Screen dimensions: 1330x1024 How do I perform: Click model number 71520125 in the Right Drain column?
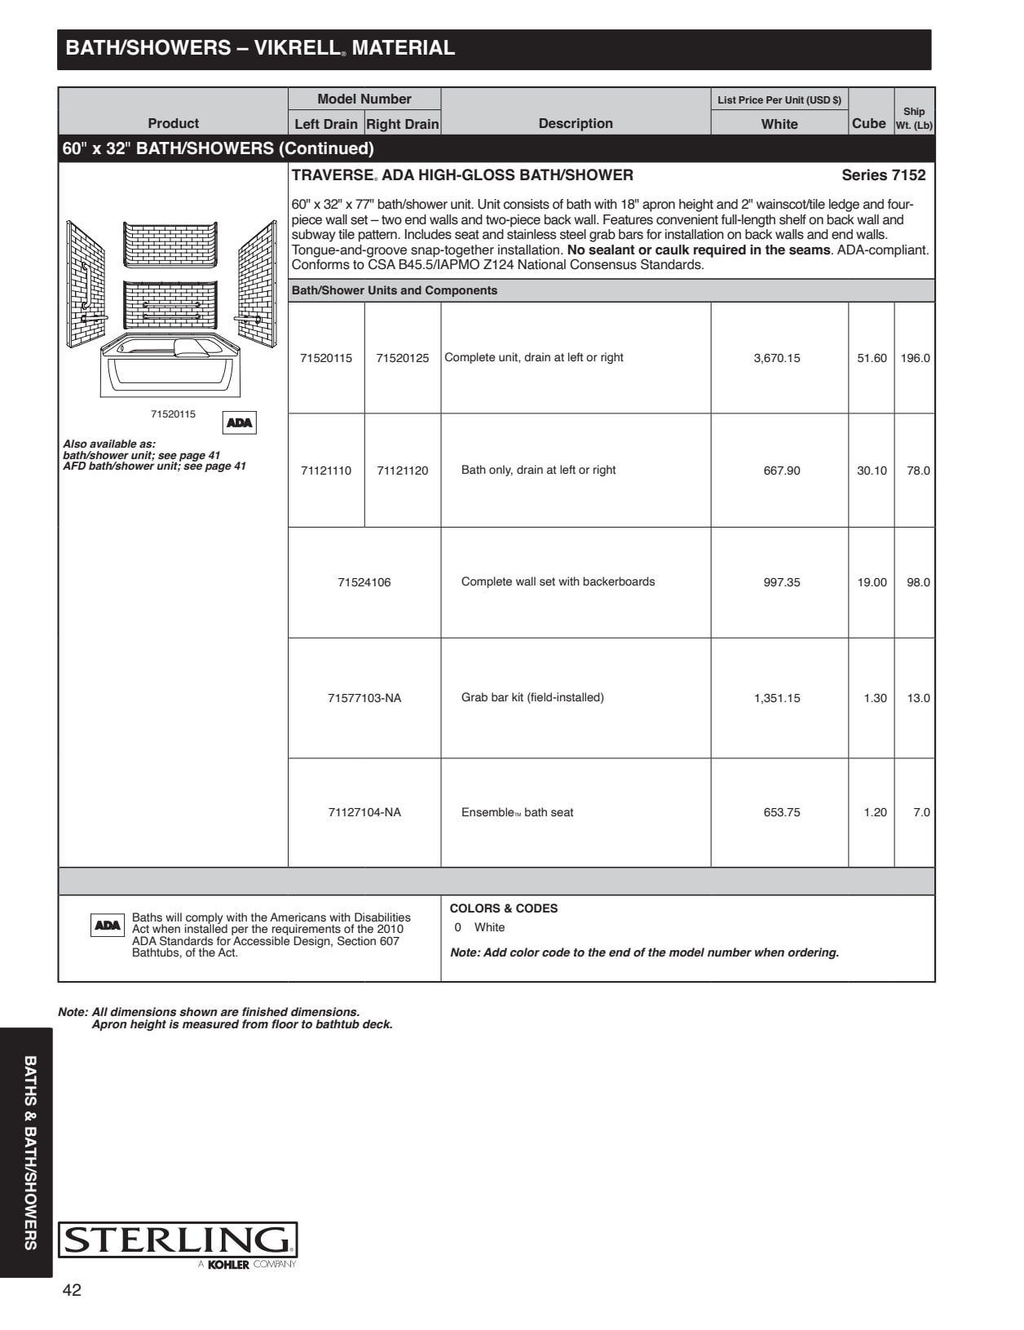402,358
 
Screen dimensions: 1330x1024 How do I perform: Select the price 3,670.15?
777,358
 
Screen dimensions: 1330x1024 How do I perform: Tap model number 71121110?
326,471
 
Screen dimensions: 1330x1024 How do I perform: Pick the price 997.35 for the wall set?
781,582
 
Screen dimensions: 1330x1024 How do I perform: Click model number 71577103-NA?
364,698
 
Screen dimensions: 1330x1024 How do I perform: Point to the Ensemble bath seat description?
517,812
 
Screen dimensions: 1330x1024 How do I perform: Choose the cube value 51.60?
872,358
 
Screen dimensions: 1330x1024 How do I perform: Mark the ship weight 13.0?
918,698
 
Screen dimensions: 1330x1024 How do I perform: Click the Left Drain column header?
326,124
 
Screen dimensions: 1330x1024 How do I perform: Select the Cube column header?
868,123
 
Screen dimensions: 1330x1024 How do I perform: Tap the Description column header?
576,123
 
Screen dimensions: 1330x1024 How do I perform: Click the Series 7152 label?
883,175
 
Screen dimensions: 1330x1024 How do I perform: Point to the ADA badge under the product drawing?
239,422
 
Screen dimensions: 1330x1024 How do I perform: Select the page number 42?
72,1290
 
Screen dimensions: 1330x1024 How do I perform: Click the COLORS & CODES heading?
504,908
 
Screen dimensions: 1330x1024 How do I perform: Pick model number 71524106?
364,582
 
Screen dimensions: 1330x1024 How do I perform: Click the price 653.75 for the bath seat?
781,812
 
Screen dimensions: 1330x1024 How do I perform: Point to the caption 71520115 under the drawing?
173,414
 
